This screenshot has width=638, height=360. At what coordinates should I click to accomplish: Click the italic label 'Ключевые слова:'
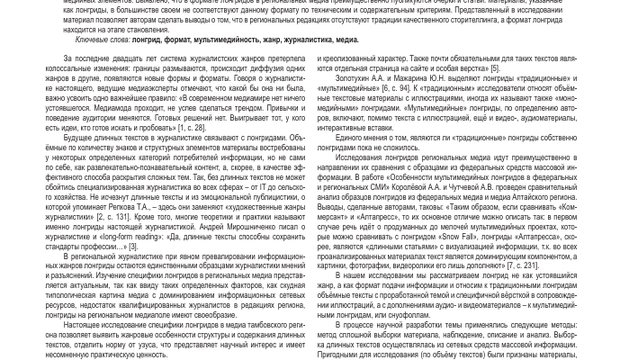103,40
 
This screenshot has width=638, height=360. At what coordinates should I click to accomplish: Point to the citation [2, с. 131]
112,217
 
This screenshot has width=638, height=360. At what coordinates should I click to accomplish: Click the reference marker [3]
133,246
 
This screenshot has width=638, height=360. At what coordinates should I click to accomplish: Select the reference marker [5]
495,68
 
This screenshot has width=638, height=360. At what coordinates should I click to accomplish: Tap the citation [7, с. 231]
523,265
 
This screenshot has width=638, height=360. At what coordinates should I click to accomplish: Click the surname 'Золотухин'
355,78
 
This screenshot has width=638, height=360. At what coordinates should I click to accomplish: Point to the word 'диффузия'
256,68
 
